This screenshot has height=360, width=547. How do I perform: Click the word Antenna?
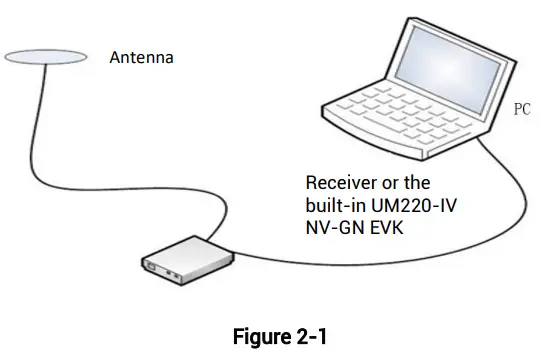[x=141, y=58]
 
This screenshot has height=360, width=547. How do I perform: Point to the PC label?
[x=522, y=109]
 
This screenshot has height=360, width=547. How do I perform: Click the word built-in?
[x=336, y=204]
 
